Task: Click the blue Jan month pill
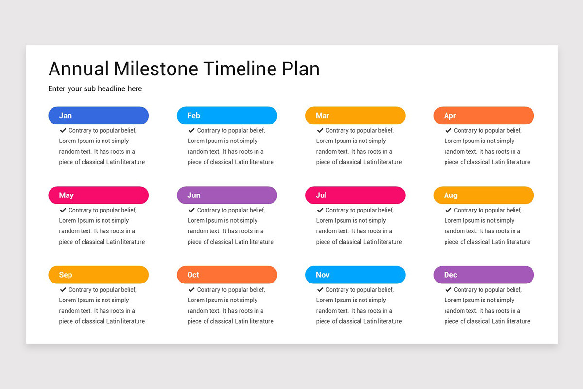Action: click(98, 116)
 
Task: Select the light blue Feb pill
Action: click(227, 116)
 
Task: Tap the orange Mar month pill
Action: click(355, 116)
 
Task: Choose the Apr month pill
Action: click(483, 116)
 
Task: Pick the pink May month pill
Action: click(98, 195)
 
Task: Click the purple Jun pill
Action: click(227, 195)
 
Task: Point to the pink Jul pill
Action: click(355, 195)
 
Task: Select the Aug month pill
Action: click(483, 195)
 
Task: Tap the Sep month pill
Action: click(98, 275)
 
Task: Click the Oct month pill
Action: click(227, 275)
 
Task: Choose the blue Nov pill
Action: click(355, 275)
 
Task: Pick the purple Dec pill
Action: click(483, 275)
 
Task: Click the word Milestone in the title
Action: click(156, 69)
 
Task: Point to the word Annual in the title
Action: click(79, 69)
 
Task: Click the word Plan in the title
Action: click(301, 69)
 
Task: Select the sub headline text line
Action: click(95, 89)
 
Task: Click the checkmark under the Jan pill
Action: click(63, 130)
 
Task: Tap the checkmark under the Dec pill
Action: click(448, 290)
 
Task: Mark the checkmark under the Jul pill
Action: click(320, 210)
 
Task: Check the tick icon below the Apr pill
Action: click(448, 130)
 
